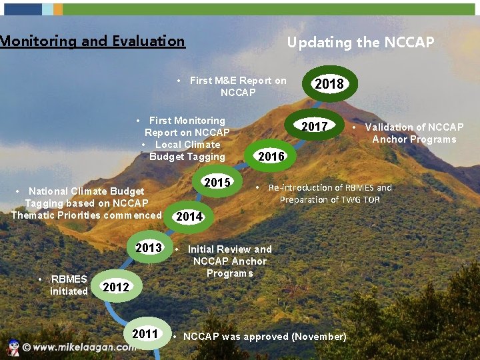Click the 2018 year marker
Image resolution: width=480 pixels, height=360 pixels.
click(x=329, y=83)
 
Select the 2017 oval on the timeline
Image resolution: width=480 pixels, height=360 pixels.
click(x=314, y=127)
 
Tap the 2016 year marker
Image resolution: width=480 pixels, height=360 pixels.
click(x=271, y=157)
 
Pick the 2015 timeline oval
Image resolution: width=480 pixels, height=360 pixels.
click(x=217, y=183)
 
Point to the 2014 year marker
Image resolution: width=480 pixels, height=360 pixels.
click(x=189, y=217)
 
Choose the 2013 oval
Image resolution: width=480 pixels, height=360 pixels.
click(x=149, y=248)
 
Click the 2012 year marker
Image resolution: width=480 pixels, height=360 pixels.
click(x=116, y=287)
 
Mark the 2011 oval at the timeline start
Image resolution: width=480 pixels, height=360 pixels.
click(x=145, y=334)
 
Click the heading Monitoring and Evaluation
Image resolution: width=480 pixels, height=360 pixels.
click(x=92, y=41)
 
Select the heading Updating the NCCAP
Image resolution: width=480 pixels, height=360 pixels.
click(x=360, y=43)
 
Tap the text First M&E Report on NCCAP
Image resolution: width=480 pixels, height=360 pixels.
click(x=237, y=86)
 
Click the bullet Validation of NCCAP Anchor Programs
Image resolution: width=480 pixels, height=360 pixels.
click(x=413, y=133)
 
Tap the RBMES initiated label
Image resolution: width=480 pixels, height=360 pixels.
click(x=68, y=285)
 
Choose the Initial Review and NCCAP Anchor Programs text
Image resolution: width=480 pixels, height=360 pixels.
click(x=229, y=261)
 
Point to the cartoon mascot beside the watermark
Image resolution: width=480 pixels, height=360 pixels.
click(x=11, y=347)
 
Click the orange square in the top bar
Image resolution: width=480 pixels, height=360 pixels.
click(x=58, y=9)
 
